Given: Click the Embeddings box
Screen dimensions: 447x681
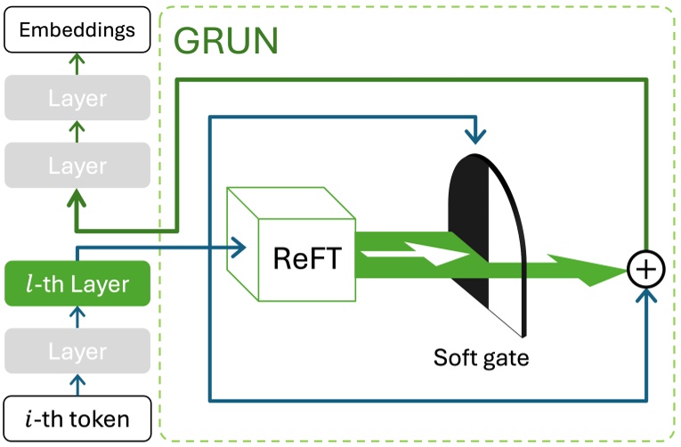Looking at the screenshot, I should coord(77,29).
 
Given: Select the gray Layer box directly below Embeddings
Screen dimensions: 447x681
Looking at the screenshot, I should coord(77,98).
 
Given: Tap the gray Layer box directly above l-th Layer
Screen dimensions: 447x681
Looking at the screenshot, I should coord(77,166).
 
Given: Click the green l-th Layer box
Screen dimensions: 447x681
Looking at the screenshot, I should coord(77,284).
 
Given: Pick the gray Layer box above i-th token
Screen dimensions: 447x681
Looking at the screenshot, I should coord(77,352).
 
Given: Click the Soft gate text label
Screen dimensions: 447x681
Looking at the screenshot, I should coord(481,358).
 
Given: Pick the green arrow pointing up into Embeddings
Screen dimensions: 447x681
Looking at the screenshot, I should coord(77,61).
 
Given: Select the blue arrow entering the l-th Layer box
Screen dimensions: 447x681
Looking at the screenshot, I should coord(77,316).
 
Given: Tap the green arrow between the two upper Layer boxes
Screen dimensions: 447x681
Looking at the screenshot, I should coord(77,131).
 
